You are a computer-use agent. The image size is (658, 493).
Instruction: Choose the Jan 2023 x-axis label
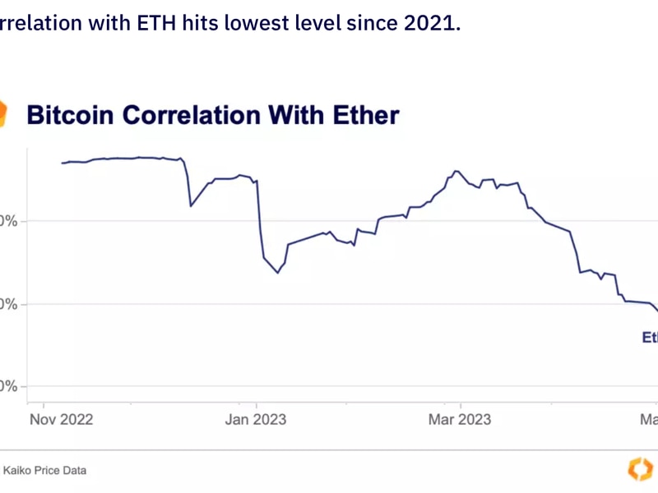(x=255, y=420)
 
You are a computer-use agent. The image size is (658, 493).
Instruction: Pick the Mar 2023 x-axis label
(x=460, y=420)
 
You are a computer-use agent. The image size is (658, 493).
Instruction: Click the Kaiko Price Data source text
(x=44, y=471)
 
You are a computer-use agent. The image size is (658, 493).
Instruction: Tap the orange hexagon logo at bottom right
(x=640, y=469)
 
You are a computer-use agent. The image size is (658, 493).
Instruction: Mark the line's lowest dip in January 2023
(x=278, y=272)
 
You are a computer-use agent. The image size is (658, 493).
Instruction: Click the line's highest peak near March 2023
(x=456, y=171)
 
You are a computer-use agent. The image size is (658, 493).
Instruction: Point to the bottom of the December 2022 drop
(x=191, y=205)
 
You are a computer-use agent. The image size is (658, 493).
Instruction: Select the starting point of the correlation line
(x=63, y=163)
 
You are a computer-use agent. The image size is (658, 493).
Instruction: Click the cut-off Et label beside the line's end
(x=649, y=337)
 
